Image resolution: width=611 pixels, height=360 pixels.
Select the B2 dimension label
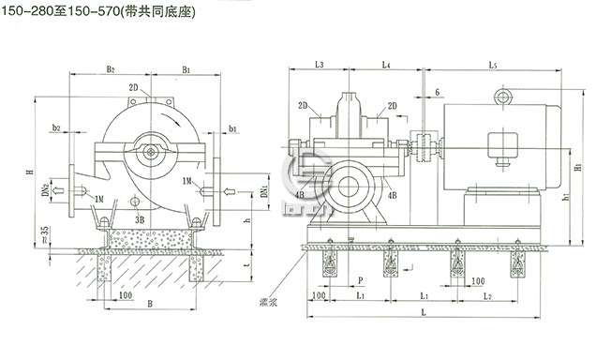point(111,69)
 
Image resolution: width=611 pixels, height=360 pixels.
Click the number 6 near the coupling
point(437,91)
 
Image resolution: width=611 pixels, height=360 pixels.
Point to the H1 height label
point(578,168)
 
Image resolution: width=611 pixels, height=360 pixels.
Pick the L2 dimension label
point(487,296)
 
